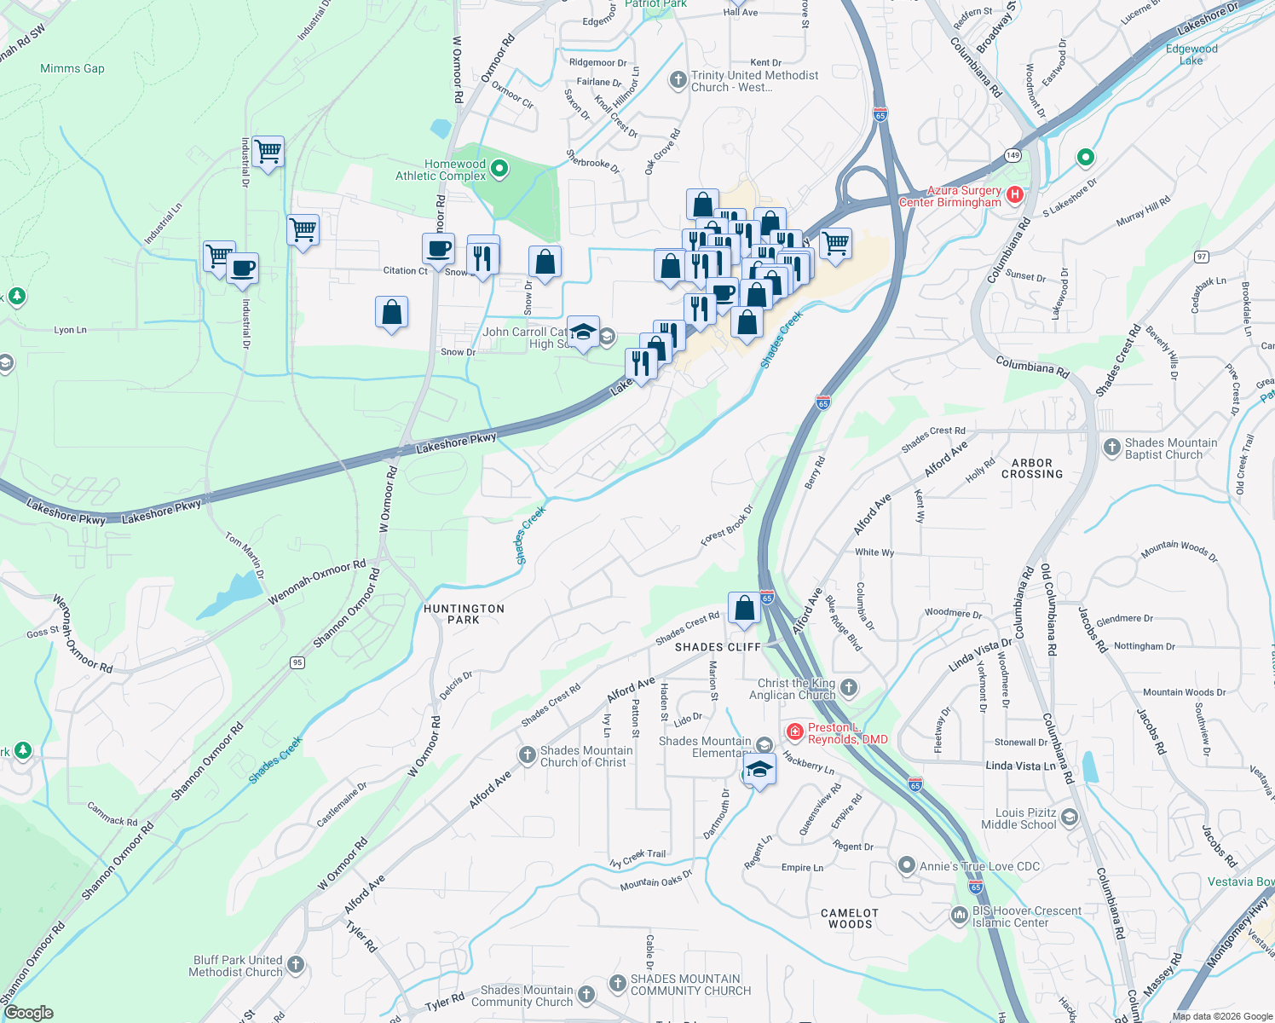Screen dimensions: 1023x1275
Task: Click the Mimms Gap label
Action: click(x=72, y=68)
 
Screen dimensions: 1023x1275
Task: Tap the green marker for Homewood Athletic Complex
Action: click(x=500, y=170)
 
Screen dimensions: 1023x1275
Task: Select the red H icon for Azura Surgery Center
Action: click(x=1014, y=195)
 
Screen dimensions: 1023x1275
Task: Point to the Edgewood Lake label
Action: click(x=1191, y=55)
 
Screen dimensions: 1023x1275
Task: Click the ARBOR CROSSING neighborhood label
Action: click(x=1032, y=468)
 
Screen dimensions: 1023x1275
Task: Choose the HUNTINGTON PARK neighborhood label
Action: click(x=464, y=614)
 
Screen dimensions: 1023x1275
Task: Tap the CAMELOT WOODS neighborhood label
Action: click(x=850, y=918)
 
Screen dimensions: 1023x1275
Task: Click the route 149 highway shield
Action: click(x=1012, y=155)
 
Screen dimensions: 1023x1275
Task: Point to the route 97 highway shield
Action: click(x=1201, y=257)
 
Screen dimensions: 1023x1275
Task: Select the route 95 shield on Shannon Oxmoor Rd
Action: click(x=297, y=662)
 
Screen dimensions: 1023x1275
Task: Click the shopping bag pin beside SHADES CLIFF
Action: click(x=744, y=608)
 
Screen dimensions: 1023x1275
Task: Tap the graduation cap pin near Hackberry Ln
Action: click(x=759, y=770)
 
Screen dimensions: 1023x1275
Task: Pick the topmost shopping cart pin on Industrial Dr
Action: click(x=268, y=153)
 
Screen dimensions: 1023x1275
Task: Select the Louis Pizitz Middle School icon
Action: click(x=1069, y=818)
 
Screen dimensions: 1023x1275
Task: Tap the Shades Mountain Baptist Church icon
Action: click(x=1111, y=448)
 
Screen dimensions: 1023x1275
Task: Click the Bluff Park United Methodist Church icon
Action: click(x=296, y=965)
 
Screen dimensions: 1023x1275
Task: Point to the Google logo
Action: click(x=28, y=1013)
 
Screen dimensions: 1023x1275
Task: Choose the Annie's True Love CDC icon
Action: click(x=907, y=866)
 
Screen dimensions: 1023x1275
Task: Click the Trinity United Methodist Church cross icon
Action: click(x=678, y=81)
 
